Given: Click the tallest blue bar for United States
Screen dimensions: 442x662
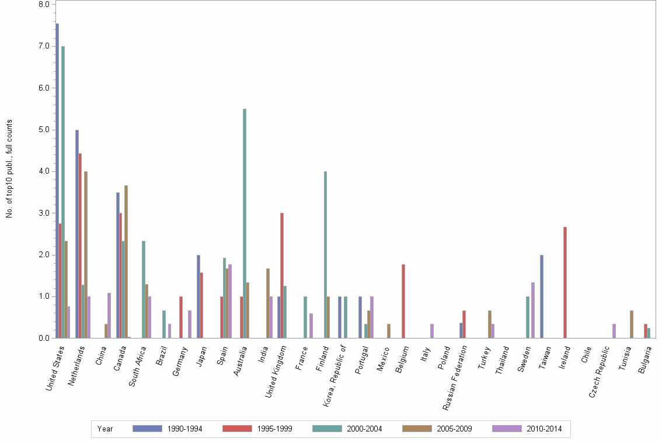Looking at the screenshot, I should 57,181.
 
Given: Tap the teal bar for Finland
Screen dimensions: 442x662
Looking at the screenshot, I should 325,254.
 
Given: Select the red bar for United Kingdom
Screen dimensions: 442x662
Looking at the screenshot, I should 282,275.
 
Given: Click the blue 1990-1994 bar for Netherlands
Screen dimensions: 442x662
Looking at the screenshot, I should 77,234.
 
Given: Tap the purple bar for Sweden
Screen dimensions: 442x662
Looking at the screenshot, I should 533,310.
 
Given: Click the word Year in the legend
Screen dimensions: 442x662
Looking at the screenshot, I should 106,429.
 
